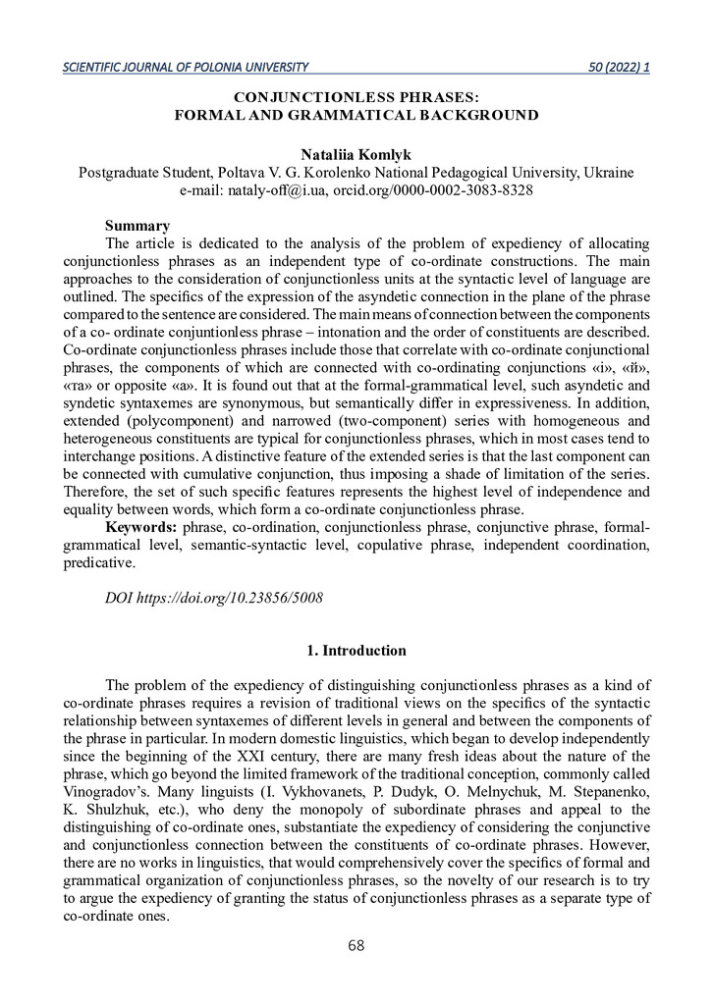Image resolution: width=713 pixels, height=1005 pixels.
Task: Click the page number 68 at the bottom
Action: click(x=356, y=946)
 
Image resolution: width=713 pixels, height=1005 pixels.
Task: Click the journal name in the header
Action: click(x=186, y=67)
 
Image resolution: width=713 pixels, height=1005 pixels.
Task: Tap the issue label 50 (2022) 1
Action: click(x=619, y=67)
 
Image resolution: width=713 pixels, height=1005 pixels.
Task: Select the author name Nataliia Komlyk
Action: click(x=356, y=154)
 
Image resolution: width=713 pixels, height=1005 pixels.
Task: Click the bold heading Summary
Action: click(x=137, y=226)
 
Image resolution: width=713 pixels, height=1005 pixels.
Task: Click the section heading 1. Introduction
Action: click(x=356, y=650)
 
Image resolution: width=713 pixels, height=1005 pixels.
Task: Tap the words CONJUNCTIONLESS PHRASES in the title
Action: click(x=356, y=97)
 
